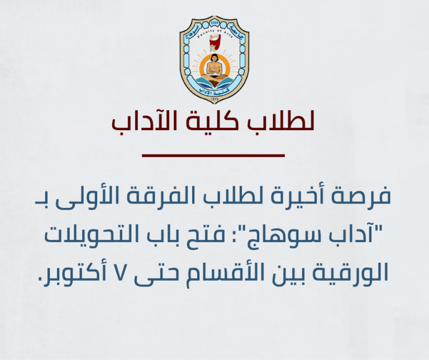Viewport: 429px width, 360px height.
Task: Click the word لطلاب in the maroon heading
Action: [x=289, y=123]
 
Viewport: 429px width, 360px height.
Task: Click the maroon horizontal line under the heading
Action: [x=214, y=155]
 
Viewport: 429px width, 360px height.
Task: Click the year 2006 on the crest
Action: [x=214, y=24]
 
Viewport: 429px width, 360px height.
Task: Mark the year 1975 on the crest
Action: [x=214, y=99]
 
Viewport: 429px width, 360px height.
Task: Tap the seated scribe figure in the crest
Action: [x=214, y=70]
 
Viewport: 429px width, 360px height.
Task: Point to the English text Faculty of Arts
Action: [x=214, y=31]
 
